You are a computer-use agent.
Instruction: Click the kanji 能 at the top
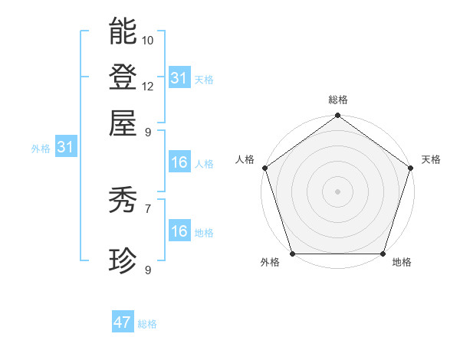click(x=123, y=31)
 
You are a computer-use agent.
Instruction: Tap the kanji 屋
click(x=123, y=122)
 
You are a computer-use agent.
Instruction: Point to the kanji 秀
click(x=123, y=201)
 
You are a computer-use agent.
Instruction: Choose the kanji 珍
click(x=123, y=261)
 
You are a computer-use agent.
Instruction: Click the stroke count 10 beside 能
click(x=148, y=40)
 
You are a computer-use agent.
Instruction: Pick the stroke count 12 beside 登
click(x=148, y=86)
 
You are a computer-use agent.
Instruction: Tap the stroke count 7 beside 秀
click(x=148, y=208)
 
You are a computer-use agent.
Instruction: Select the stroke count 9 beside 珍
click(x=148, y=270)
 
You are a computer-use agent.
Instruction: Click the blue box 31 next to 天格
click(x=179, y=78)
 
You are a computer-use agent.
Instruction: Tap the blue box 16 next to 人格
click(x=179, y=162)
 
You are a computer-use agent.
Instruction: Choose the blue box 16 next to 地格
click(x=179, y=231)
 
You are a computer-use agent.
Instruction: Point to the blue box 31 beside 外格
click(x=65, y=148)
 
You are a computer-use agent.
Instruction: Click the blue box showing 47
click(x=123, y=322)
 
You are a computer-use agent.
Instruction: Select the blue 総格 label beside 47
click(x=147, y=324)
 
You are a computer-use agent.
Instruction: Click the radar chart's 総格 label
click(x=338, y=100)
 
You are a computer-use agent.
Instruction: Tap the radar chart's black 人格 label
click(x=245, y=159)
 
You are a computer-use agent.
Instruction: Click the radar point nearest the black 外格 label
click(x=292, y=254)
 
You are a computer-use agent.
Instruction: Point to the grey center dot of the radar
click(x=337, y=191)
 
